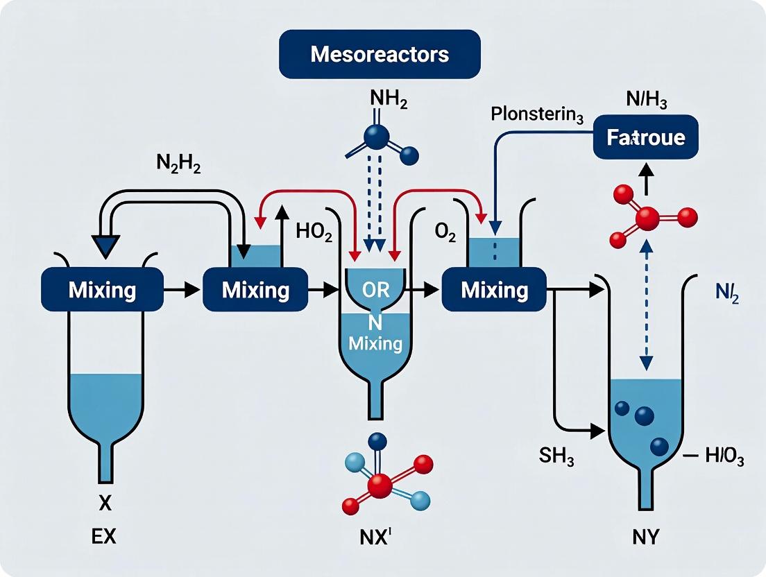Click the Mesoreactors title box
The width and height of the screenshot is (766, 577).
tap(380, 54)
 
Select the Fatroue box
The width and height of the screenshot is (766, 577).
tap(646, 137)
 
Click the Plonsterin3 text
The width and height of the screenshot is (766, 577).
tap(536, 115)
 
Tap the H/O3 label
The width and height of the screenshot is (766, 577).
tap(722, 457)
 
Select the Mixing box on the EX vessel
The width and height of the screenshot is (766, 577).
tap(102, 289)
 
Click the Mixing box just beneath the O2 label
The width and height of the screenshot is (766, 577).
tap(494, 289)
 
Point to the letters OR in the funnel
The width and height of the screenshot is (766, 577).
tap(376, 289)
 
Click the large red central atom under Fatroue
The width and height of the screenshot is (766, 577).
tap(647, 218)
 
